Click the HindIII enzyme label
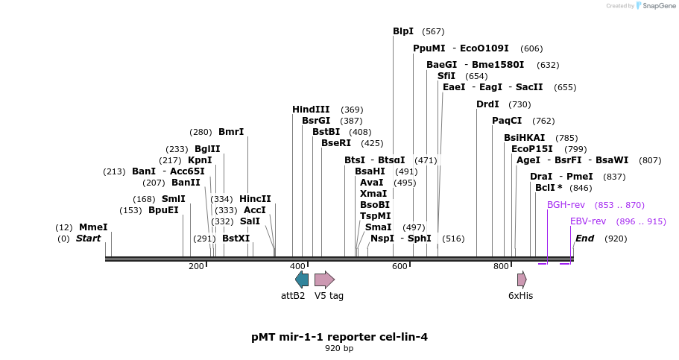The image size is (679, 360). [x=311, y=110]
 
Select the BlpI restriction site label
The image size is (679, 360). [x=403, y=31]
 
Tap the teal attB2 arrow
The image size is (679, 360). [x=302, y=280]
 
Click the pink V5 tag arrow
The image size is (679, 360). [x=324, y=280]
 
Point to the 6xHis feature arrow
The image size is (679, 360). [x=522, y=280]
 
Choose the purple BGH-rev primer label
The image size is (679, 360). [x=566, y=205]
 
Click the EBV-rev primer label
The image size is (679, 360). [x=588, y=221]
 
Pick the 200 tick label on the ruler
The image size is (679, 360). [x=196, y=266]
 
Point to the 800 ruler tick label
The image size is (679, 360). [x=501, y=266]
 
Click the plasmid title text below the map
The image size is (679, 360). [x=339, y=337]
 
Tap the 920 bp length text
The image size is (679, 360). [x=339, y=348]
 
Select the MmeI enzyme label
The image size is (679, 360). [x=93, y=227]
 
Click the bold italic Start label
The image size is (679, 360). [x=88, y=239]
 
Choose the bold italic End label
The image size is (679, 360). [x=585, y=239]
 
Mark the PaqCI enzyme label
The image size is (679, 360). [x=507, y=121]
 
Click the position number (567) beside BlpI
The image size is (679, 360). [x=433, y=31]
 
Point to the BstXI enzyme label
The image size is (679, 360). [x=236, y=239]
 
